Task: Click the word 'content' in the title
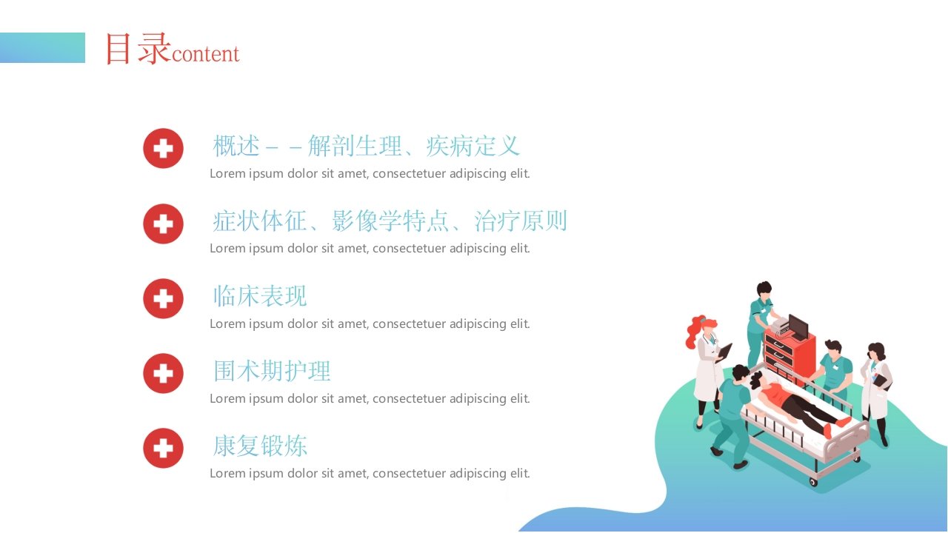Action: (x=205, y=54)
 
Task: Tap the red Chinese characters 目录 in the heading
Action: (x=138, y=49)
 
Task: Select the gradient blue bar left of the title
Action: (x=42, y=47)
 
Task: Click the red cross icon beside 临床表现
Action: (x=163, y=298)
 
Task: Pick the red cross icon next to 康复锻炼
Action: (x=163, y=448)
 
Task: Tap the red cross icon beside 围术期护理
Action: (x=163, y=373)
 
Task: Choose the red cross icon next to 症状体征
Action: (x=163, y=224)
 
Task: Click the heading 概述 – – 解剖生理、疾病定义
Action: (x=367, y=146)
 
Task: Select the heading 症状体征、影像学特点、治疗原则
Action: (x=390, y=221)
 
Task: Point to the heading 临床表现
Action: (x=260, y=296)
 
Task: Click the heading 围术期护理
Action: (x=272, y=371)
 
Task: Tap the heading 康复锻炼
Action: (x=260, y=446)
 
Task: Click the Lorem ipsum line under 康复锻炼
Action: (x=370, y=473)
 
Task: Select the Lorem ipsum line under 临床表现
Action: (x=370, y=324)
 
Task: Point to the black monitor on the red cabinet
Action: (x=798, y=326)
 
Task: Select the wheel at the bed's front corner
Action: (x=813, y=482)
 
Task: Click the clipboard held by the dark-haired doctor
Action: (x=881, y=381)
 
